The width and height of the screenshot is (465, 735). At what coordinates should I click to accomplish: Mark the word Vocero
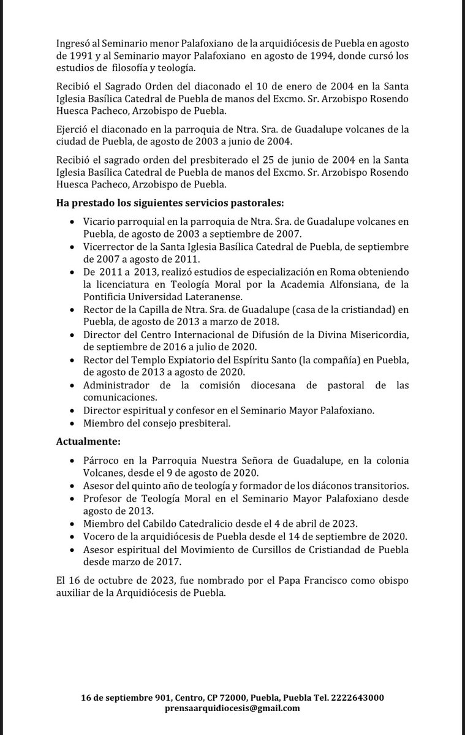(100, 536)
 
